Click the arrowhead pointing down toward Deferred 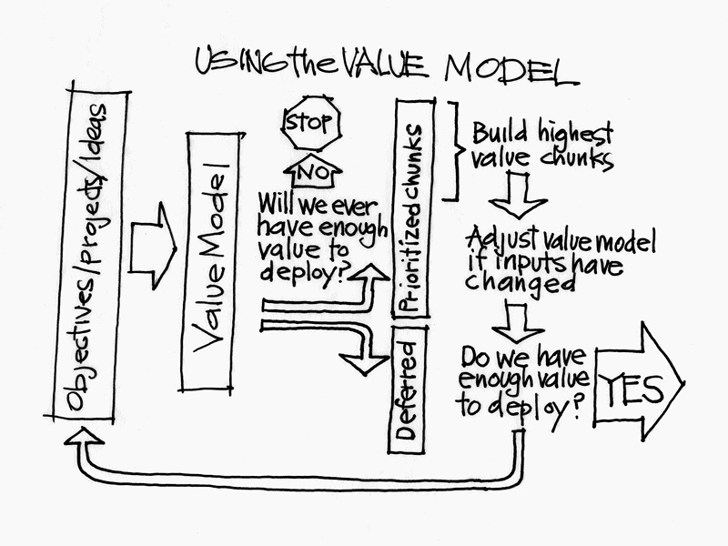[x=363, y=364]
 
